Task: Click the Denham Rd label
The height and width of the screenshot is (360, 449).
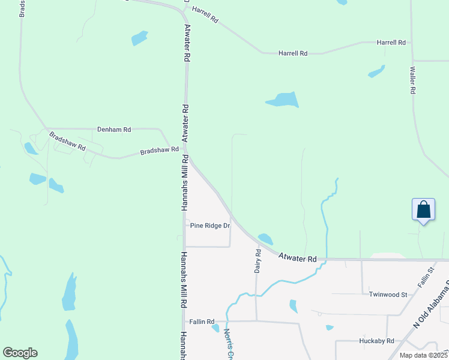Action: pyautogui.click(x=114, y=129)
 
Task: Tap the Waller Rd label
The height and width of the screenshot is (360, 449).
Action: pyautogui.click(x=413, y=80)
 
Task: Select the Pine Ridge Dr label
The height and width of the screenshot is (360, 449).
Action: pyautogui.click(x=210, y=226)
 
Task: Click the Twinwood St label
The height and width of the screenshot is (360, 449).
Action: pyautogui.click(x=388, y=295)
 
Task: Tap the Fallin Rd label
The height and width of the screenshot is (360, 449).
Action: pyautogui.click(x=202, y=322)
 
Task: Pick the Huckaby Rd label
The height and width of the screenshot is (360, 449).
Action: pyautogui.click(x=376, y=341)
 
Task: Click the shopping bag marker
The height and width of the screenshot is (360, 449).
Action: pyautogui.click(x=424, y=209)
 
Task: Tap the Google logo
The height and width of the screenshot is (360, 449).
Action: pyautogui.click(x=20, y=353)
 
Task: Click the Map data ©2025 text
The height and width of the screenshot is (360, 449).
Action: pyautogui.click(x=423, y=355)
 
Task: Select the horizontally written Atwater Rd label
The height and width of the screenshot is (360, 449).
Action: pyautogui.click(x=297, y=258)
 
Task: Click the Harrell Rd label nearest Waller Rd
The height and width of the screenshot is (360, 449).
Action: pyautogui.click(x=391, y=43)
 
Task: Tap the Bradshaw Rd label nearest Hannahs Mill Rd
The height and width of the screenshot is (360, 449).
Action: pyautogui.click(x=160, y=150)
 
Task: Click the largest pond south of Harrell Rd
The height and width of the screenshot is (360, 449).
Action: pyautogui.click(x=282, y=100)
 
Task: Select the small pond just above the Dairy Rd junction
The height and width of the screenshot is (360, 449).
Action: pyautogui.click(x=265, y=239)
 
